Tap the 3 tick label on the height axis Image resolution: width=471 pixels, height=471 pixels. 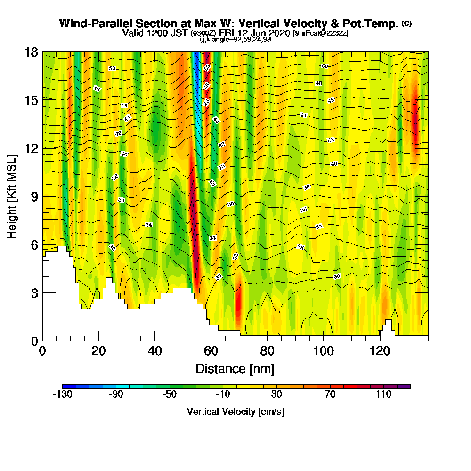34,293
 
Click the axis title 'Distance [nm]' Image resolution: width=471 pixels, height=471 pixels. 235,368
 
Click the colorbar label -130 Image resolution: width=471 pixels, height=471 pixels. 62,394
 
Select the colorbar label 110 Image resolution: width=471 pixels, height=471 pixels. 383,394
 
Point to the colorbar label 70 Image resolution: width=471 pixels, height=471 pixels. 330,394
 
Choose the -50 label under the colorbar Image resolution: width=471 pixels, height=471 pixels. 169,394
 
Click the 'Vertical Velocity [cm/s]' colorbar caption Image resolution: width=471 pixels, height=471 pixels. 235,412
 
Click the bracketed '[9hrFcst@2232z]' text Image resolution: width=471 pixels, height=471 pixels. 320,33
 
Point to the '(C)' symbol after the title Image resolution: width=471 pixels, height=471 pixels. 406,24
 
